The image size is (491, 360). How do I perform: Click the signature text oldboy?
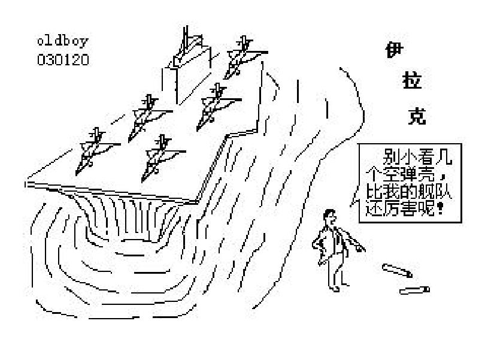pyautogui.click(x=63, y=41)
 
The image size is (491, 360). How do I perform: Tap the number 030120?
pyautogui.click(x=63, y=60)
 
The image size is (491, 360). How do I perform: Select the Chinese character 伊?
pyautogui.click(x=394, y=50)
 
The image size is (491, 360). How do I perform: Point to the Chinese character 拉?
pyautogui.click(x=412, y=80)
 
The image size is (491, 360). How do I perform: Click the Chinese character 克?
pyautogui.click(x=417, y=117)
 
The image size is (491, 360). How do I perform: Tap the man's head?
pyautogui.click(x=329, y=217)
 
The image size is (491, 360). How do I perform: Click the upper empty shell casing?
pyautogui.click(x=397, y=271)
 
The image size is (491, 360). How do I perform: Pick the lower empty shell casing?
pyautogui.click(x=414, y=291)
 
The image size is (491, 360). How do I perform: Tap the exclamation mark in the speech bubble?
pyautogui.click(x=441, y=208)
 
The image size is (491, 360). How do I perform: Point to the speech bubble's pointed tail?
pyautogui.click(x=351, y=205)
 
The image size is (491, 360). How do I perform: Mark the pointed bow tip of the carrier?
pyautogui.click(x=26, y=184)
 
